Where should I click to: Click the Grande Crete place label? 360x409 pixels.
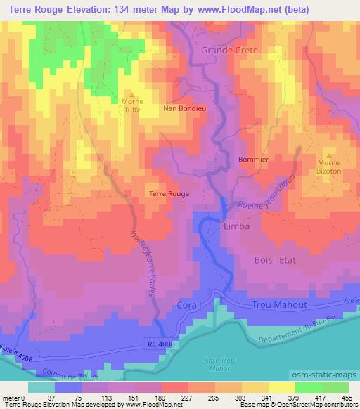coord(230,51)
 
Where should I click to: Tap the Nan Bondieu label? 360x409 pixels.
coord(184,109)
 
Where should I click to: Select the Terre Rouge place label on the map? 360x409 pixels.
coord(169,193)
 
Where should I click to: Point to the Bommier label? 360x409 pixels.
coord(254,160)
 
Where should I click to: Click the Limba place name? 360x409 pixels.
coord(236,228)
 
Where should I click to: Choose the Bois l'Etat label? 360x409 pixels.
coord(276,260)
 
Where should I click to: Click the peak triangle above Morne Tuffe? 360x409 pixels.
coord(131,94)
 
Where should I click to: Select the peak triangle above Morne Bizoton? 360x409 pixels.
coord(329,155)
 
